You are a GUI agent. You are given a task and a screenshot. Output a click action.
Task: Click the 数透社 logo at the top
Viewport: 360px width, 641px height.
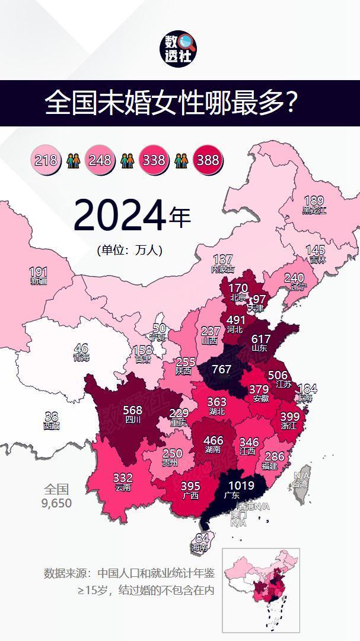pyautogui.click(x=180, y=49)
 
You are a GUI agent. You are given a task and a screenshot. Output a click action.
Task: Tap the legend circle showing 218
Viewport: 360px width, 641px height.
pyautogui.click(x=46, y=160)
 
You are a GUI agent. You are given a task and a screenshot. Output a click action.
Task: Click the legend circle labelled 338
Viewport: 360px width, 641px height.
pyautogui.click(x=154, y=160)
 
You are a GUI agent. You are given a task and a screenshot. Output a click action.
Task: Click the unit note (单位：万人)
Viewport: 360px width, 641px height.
pyautogui.click(x=129, y=250)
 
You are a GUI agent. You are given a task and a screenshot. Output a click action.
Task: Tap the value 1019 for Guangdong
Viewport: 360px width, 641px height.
pyautogui.click(x=241, y=486)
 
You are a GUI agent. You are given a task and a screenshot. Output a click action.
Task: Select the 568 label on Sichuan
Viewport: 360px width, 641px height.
pyautogui.click(x=132, y=410)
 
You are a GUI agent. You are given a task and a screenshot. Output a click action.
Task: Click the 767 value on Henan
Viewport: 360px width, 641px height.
pyautogui.click(x=221, y=369)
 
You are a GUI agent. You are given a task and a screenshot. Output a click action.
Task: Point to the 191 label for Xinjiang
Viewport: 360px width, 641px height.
pyautogui.click(x=39, y=272)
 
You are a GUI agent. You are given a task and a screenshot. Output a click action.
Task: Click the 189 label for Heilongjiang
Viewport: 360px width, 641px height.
pyautogui.click(x=314, y=201)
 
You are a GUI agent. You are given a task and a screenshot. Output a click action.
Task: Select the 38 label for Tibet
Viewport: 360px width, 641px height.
pyautogui.click(x=52, y=417)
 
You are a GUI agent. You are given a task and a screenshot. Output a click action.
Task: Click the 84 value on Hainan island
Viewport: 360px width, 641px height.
pyautogui.click(x=202, y=538)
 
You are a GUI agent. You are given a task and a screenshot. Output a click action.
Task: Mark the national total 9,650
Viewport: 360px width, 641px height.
pyautogui.click(x=56, y=503)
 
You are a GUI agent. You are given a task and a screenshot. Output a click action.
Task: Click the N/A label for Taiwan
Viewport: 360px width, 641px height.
pyautogui.click(x=301, y=476)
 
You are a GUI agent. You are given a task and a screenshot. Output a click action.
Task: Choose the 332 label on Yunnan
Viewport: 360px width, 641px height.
pyautogui.click(x=123, y=478)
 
